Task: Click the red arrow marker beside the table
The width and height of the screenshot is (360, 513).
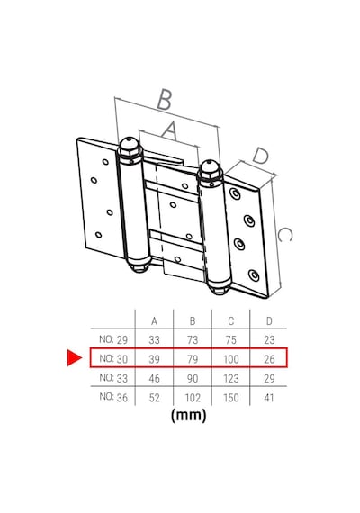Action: pyautogui.click(x=74, y=357)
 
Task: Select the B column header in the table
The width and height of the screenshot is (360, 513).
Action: pyautogui.click(x=193, y=321)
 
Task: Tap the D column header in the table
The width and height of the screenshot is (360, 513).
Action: pyautogui.click(x=269, y=321)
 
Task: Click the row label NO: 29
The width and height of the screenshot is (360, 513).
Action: pyautogui.click(x=113, y=339)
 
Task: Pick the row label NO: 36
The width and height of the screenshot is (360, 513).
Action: pyautogui.click(x=113, y=397)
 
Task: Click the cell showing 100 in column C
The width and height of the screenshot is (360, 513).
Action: pyautogui.click(x=230, y=359)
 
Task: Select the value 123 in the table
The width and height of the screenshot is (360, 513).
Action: pyautogui.click(x=230, y=378)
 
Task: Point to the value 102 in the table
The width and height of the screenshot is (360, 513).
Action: pyautogui.click(x=193, y=398)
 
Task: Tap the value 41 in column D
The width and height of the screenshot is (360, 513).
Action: pyautogui.click(x=269, y=398)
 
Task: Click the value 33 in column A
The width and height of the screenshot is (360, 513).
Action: pyautogui.click(x=154, y=340)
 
